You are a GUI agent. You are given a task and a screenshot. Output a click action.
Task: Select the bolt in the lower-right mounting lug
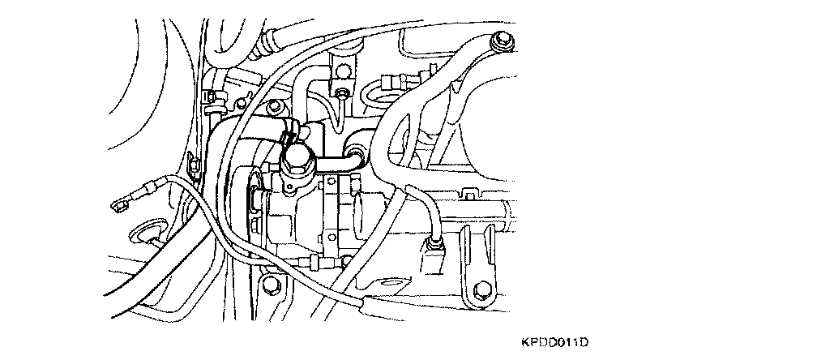[x=481, y=289]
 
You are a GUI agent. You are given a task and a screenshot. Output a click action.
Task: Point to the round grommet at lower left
[x=146, y=235]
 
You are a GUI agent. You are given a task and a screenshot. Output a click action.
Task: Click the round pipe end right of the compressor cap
[x=356, y=149]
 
